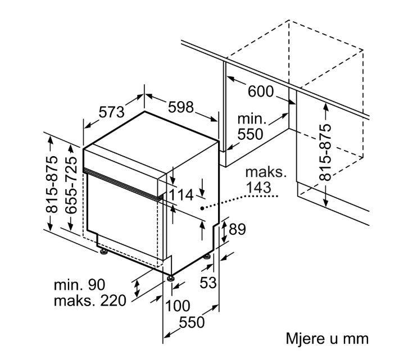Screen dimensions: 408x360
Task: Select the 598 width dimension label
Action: (181, 107)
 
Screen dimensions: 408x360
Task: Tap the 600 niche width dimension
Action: (261, 92)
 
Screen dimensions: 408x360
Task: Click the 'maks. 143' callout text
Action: (266, 180)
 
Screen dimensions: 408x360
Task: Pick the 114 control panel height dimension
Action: (181, 195)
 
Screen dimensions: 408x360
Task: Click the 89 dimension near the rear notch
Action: (237, 229)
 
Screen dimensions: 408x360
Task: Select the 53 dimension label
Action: (208, 282)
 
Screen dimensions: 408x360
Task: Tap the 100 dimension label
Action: (178, 306)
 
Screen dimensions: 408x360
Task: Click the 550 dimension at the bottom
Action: (192, 323)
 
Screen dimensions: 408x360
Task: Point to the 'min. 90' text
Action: (79, 285)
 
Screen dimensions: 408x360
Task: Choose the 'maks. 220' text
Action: (90, 300)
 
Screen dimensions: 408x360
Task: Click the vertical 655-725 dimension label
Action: (71, 185)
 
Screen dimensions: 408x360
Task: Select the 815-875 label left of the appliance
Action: (51, 184)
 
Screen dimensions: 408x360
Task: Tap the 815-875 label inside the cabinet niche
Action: (325, 152)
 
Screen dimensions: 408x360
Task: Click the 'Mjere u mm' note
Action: (327, 339)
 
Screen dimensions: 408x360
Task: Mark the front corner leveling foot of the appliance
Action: (171, 278)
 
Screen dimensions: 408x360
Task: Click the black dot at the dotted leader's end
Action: (202, 208)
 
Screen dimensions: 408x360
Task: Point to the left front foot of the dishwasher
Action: (104, 252)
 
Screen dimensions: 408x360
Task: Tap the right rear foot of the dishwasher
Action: (207, 257)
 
